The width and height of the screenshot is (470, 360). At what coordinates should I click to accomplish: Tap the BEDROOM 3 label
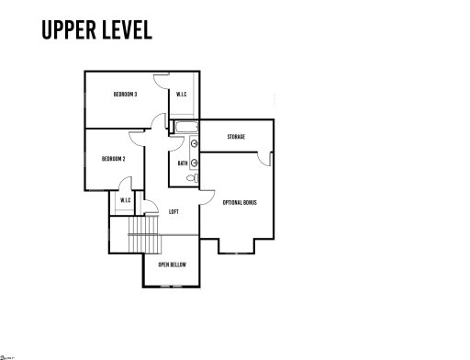(126, 94)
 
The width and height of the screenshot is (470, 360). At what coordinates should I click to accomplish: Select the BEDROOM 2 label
(113, 159)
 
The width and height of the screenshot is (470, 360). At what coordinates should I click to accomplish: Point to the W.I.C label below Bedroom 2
(124, 200)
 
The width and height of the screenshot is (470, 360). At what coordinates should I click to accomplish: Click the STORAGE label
(236, 137)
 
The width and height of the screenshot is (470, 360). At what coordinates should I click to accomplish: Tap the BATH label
(183, 164)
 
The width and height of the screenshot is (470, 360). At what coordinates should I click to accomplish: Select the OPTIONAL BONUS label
(240, 201)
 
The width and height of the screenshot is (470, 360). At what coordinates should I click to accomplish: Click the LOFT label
(173, 211)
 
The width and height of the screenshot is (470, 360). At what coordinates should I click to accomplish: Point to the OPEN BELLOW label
(172, 264)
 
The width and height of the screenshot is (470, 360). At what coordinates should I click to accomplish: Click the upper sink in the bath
(195, 143)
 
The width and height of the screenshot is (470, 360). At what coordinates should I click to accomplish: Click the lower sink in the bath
(195, 157)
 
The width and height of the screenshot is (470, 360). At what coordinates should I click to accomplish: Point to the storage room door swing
(264, 159)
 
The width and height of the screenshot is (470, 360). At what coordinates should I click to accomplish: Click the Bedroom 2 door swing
(138, 137)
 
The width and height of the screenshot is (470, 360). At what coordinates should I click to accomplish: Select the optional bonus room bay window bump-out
(237, 246)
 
